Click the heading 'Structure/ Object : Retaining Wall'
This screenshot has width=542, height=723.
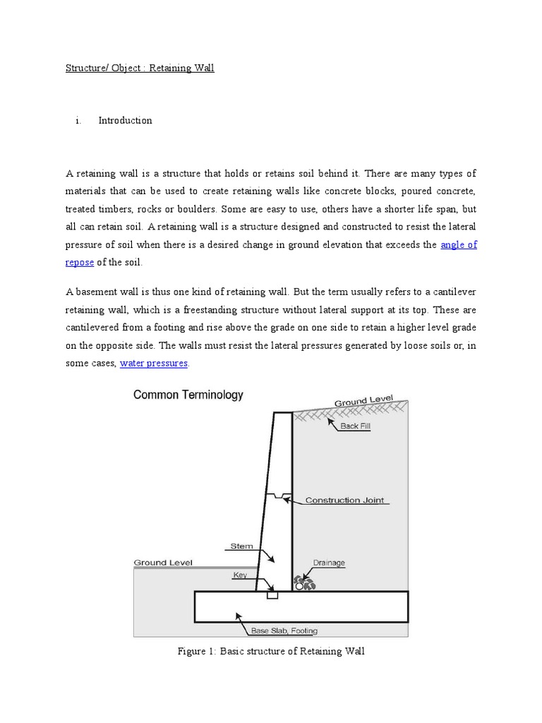point(139,68)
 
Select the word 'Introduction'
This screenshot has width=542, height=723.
point(125,121)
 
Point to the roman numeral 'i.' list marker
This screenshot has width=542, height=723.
point(78,121)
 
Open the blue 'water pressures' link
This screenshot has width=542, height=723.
point(154,364)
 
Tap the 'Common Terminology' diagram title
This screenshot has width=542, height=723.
point(188,396)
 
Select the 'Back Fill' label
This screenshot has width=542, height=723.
point(355,426)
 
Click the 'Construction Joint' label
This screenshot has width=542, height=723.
point(344,501)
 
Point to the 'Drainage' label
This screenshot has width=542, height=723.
point(329,563)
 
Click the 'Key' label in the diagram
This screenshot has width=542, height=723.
point(241,575)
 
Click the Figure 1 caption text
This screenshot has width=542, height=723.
point(270,652)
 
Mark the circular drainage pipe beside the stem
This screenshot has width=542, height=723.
point(300,585)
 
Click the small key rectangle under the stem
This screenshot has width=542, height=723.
point(272,595)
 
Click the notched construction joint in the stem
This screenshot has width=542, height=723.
point(281,496)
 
